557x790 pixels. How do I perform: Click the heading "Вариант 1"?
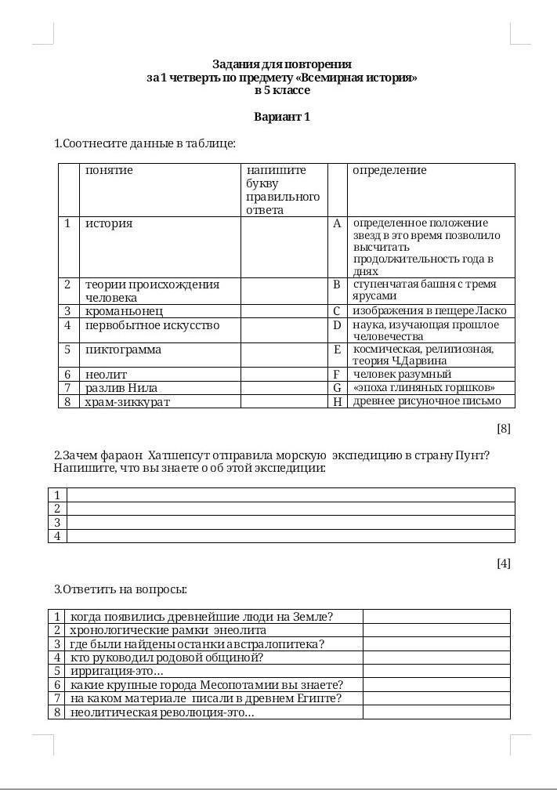[x=282, y=117]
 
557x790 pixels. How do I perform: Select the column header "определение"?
[x=389, y=170]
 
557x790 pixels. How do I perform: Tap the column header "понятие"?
[x=109, y=170]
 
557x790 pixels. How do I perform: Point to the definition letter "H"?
[x=338, y=401]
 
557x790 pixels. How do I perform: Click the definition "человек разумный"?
[x=402, y=375]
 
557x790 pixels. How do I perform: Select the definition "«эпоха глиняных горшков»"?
[x=423, y=388]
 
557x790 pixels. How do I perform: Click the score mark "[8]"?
[x=503, y=429]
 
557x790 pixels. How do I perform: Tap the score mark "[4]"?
[x=503, y=563]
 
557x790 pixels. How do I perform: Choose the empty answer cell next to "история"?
[x=284, y=247]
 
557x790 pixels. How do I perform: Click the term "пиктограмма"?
[x=123, y=350]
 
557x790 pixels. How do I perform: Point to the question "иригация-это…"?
[x=117, y=671]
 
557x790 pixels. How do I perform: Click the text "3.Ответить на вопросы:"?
[x=121, y=589]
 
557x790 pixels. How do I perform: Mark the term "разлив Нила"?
[x=121, y=388]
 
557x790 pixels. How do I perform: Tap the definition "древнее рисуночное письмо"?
[x=426, y=401]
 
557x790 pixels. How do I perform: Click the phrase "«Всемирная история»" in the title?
[x=364, y=78]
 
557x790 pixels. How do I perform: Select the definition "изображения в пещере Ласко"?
[x=429, y=311]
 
